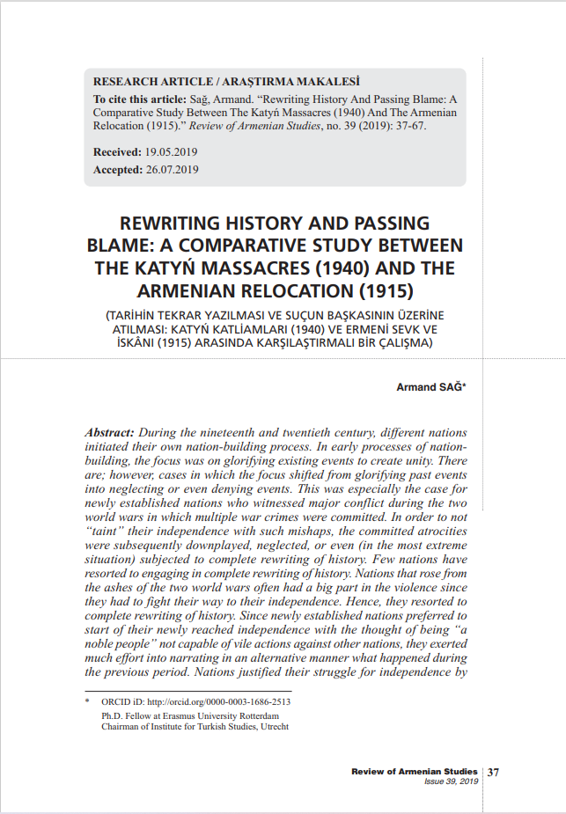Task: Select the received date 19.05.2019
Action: tap(173, 152)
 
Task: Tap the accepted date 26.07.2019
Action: tap(172, 169)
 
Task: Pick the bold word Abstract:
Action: tap(109, 433)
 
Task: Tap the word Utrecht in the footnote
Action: tap(271, 727)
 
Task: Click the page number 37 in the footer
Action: tap(494, 773)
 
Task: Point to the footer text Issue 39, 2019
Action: tap(451, 781)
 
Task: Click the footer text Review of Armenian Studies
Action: tap(414, 772)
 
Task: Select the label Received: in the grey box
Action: tap(117, 152)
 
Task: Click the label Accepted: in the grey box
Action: tap(117, 169)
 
